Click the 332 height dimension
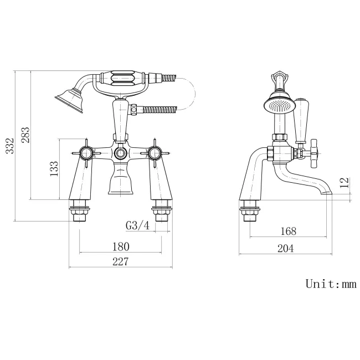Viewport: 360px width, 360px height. pos(10,146)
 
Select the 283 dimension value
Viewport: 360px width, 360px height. pos(25,135)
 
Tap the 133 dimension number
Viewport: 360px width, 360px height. pos(54,169)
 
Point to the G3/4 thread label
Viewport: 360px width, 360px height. pos(137,225)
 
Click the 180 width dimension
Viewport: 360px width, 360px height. pos(121,246)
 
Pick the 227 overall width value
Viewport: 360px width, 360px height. pos(121,261)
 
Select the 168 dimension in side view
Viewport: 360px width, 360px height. pos(289,231)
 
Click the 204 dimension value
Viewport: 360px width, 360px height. pos(285,248)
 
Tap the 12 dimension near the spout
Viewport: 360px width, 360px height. pos(344,183)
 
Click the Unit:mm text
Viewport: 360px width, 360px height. pos(331,284)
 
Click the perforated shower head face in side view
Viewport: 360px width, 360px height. pos(279,106)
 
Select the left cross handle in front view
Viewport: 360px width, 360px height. pos(86,153)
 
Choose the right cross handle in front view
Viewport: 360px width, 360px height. pos(155,153)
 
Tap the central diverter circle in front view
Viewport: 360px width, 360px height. pos(120,153)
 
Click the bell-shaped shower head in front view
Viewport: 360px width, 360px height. pos(70,100)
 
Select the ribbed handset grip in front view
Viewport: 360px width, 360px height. pos(122,78)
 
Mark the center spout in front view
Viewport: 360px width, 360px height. pos(120,178)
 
